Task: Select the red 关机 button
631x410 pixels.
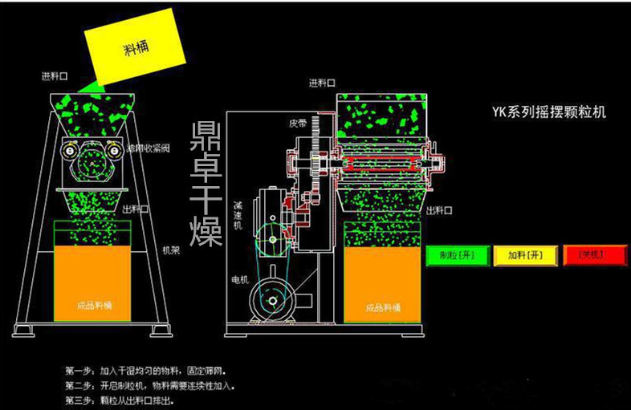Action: pos(594,254)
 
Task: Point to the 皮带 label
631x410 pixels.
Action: pos(299,124)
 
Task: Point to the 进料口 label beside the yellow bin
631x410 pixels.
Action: pos(55,78)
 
